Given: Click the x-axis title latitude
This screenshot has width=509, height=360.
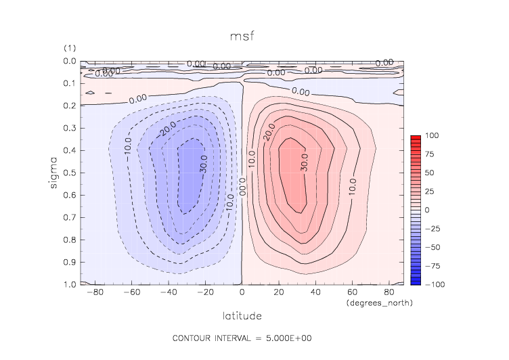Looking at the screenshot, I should pos(242,316).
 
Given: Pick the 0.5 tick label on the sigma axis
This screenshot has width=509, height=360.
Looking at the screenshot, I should pos(68,173).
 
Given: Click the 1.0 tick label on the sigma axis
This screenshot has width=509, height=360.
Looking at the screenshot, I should pos(68,284).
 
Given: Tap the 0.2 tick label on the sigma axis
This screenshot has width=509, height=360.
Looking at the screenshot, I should pos(68,106).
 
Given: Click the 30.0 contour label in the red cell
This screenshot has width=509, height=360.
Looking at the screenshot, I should pos(303,163).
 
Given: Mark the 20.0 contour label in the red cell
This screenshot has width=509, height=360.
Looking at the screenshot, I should pos(269,132).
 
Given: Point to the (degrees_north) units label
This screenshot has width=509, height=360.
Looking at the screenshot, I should pos(379,302).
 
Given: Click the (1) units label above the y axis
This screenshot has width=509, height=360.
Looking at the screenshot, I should pos(69,48).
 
